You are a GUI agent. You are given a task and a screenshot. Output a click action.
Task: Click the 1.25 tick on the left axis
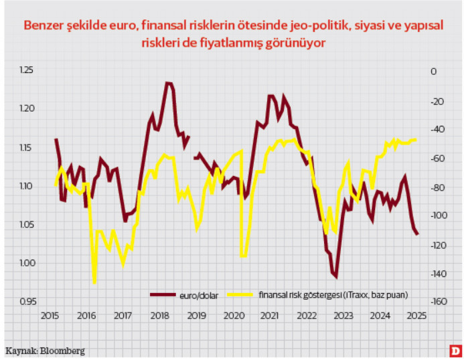[x=26, y=70]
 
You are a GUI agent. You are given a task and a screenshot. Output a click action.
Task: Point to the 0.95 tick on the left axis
[x=26, y=302]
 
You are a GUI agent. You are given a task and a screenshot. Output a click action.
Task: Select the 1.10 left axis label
[x=26, y=185]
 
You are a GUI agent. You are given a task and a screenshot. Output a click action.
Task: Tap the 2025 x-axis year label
[x=416, y=316]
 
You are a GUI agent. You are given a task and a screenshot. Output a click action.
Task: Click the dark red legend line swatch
[x=163, y=294]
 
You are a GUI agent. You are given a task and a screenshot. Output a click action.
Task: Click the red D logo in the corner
[x=455, y=350]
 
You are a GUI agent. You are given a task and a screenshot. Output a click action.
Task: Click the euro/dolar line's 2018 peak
[x=168, y=83]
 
